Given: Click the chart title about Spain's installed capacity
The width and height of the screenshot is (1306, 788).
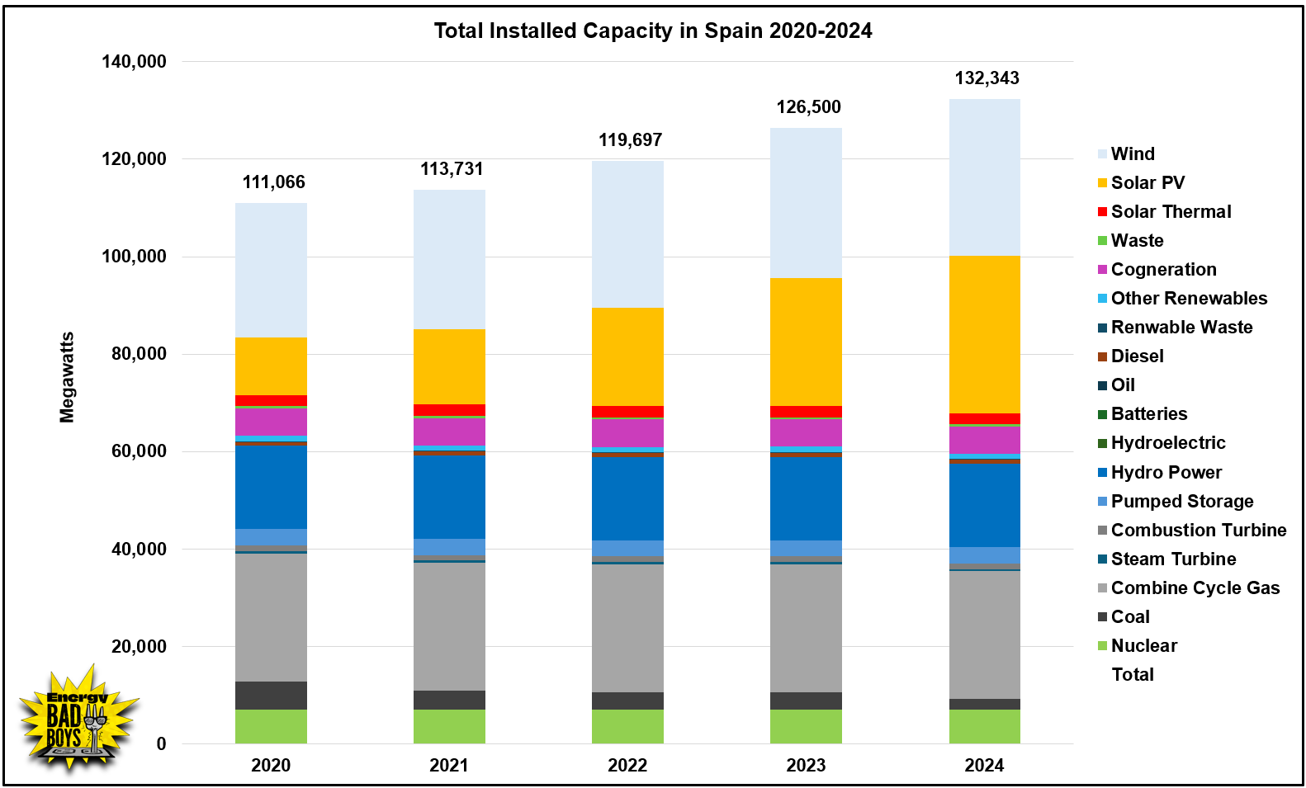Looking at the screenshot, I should [652, 31].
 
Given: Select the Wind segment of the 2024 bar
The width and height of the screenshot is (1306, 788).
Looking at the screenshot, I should [984, 177].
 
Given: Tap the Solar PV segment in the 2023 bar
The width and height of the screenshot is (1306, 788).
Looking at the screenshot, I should [806, 342].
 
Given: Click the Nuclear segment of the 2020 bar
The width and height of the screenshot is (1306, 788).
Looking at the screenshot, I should [271, 726].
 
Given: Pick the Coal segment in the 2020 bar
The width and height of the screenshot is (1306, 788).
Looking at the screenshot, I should [271, 695].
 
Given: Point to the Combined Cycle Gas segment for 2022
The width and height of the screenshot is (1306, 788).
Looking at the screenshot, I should [627, 628].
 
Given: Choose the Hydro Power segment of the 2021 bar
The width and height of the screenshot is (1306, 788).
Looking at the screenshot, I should [449, 496].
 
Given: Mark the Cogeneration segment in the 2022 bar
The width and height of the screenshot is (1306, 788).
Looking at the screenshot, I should [627, 432].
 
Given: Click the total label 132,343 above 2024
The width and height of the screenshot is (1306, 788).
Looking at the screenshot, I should [987, 78].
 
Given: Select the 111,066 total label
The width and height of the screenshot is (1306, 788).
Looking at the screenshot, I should [273, 182].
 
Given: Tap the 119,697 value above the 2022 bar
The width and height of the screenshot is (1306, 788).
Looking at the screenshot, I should [630, 140].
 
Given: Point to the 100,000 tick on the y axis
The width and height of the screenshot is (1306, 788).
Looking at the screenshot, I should [134, 257].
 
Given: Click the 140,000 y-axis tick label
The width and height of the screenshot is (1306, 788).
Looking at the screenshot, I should [134, 62].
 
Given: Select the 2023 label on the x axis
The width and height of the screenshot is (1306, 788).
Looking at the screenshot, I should [806, 766].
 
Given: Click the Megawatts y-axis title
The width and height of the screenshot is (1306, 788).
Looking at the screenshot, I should [67, 377].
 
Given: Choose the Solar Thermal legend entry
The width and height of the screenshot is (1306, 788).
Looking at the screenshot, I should [1170, 212].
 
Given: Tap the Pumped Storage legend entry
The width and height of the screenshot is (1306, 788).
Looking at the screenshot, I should [1181, 502].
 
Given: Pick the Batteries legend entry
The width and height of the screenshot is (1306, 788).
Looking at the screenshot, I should [1148, 414].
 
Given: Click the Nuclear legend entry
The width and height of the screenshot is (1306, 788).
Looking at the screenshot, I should [1143, 646].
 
